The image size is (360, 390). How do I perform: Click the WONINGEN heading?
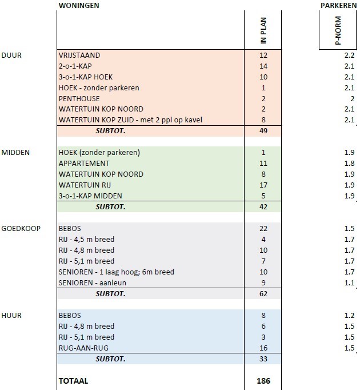pos(79,6)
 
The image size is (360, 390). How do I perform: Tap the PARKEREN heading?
pos(339,6)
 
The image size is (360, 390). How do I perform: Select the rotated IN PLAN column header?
pos(263,30)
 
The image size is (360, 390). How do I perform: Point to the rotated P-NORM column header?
pos(338,30)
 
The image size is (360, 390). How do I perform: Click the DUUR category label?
pos(11,55)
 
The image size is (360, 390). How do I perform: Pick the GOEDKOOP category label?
pos(21,228)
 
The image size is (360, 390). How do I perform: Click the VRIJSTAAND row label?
pos(79,55)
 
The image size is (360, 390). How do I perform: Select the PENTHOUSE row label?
pos(79,98)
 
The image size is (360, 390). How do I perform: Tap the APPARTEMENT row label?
pos(84,164)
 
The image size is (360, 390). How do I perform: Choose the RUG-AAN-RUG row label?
pos(83,348)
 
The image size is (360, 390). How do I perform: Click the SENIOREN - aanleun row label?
pos(92,283)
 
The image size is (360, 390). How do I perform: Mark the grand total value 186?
pos(263,381)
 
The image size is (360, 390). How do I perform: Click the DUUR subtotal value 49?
pos(263,131)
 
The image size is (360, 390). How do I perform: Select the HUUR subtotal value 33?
pos(263,359)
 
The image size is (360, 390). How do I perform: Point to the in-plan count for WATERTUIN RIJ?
pos(263,185)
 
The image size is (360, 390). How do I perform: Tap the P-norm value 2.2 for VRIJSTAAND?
pos(349,55)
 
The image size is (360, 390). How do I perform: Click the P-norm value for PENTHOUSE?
pos(353,99)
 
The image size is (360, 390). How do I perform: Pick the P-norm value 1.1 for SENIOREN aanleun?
pos(349,283)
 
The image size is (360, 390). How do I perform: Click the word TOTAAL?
pos(73,381)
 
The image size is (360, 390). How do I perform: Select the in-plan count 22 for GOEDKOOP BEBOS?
pos(263,228)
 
